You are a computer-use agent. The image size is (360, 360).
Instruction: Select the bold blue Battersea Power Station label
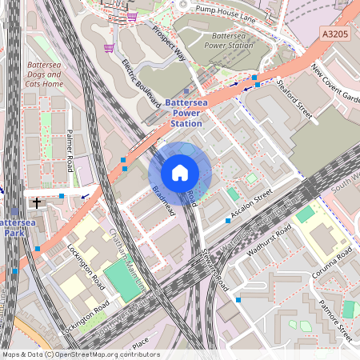183,113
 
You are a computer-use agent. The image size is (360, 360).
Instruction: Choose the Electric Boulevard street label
137,78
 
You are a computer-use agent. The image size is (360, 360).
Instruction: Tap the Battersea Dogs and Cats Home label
44,74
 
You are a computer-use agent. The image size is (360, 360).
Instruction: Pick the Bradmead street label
163,199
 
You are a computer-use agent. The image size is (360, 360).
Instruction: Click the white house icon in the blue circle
180,173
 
